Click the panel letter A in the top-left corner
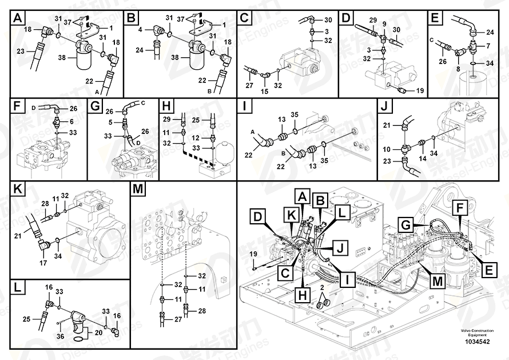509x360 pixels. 18,18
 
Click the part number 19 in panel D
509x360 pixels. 419,90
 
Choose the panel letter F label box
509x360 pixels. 18,107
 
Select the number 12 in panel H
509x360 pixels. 196,138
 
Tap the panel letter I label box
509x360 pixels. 245,107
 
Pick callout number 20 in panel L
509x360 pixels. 99,331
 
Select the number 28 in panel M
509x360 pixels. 201,311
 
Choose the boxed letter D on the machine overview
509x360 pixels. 259,217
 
